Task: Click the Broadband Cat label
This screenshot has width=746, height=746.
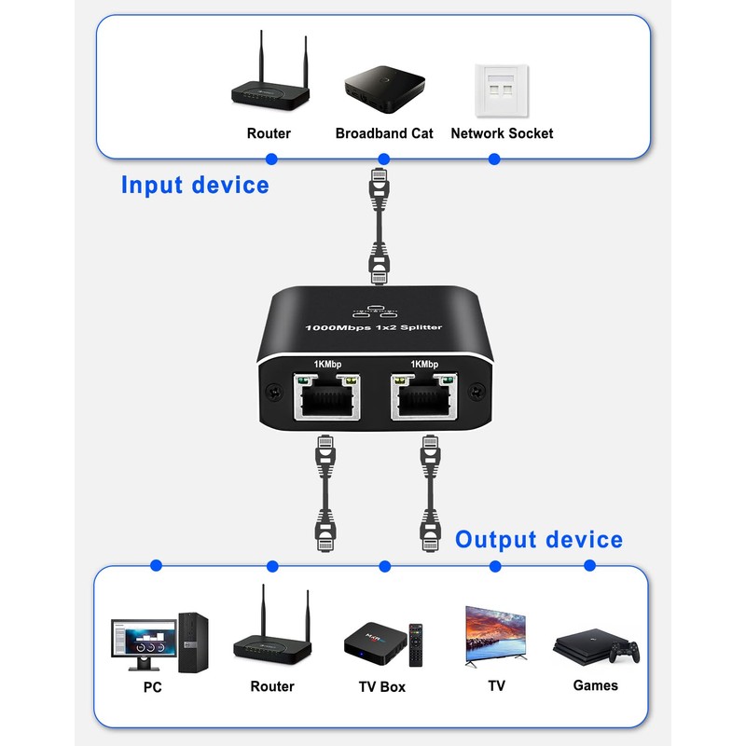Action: pyautogui.click(x=384, y=133)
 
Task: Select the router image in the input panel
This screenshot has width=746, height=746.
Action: pyautogui.click(x=269, y=75)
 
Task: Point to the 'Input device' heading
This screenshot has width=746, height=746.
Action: pyautogui.click(x=195, y=185)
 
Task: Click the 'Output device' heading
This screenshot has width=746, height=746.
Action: pyautogui.click(x=538, y=540)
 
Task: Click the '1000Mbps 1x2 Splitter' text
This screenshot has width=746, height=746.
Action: pyautogui.click(x=374, y=327)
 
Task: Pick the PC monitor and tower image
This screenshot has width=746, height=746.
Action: pyautogui.click(x=159, y=642)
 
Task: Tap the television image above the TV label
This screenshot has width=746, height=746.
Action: pyautogui.click(x=496, y=634)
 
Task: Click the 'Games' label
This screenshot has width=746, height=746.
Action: pyautogui.click(x=596, y=685)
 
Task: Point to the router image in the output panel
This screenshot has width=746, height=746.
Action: pyautogui.click(x=271, y=629)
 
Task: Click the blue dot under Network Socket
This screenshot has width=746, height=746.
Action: pyautogui.click(x=494, y=159)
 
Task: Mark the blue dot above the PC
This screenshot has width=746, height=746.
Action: pyautogui.click(x=156, y=565)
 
